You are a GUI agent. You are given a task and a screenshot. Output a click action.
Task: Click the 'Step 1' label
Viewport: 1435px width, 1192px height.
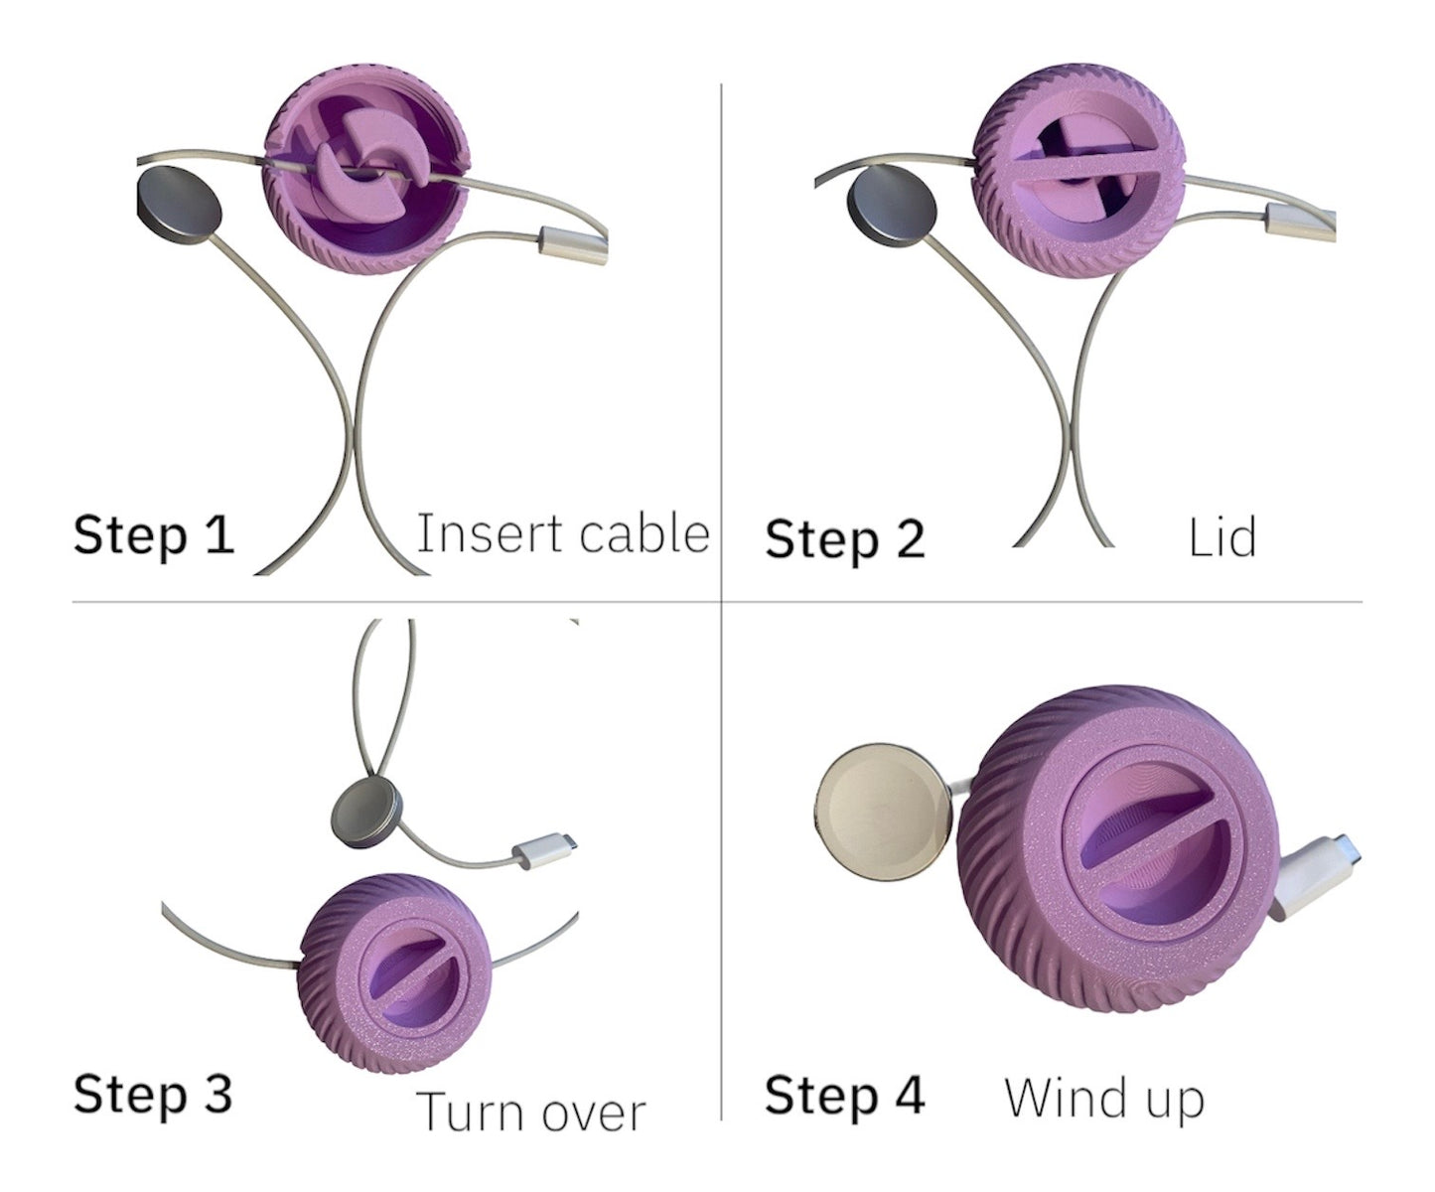(154, 534)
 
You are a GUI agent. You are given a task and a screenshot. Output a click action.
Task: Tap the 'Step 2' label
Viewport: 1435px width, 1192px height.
(845, 539)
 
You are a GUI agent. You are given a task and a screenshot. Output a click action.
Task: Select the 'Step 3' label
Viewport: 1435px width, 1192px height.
(153, 1094)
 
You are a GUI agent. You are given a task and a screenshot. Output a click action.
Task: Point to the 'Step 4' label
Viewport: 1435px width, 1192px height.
(845, 1095)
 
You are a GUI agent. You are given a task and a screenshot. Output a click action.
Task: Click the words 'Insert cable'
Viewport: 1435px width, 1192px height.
(562, 533)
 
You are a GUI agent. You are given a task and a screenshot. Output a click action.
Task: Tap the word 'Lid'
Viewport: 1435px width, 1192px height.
(1221, 537)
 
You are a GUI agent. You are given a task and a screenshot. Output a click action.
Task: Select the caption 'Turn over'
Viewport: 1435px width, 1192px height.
(531, 1112)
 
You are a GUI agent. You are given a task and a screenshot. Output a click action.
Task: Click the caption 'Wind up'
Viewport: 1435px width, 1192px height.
(1104, 1099)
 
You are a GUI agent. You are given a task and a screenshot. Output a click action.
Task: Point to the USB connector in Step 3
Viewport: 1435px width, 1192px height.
(541, 853)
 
